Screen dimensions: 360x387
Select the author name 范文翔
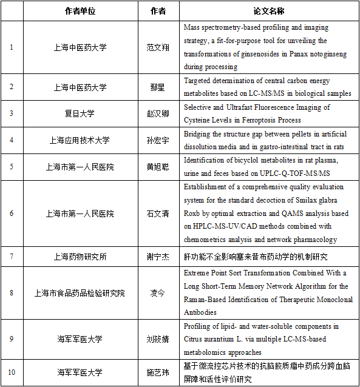click(156, 47)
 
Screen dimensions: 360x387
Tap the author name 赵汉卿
click(156, 113)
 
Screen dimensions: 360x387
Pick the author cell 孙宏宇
click(156, 140)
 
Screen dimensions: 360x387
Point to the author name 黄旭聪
click(156, 167)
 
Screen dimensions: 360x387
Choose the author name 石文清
click(156, 214)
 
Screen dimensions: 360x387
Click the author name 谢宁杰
click(156, 257)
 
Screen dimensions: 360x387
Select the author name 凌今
click(156, 293)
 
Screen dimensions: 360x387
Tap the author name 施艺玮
click(156, 372)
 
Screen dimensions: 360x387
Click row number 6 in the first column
click(12, 214)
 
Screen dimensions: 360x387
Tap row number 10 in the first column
click(12, 372)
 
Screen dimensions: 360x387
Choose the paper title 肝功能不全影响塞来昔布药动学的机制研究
click(251, 257)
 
